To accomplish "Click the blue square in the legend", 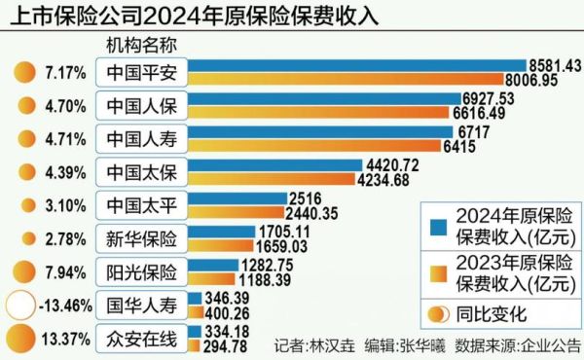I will tap(438, 221).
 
